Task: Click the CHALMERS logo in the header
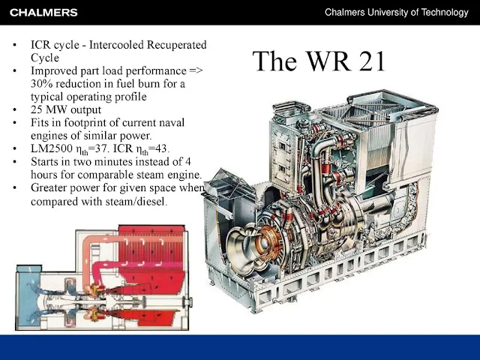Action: pos(43,13)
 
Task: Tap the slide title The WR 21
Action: pos(319,61)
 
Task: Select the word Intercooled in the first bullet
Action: pos(117,45)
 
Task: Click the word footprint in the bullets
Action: pos(85,123)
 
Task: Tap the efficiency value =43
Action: pos(158,148)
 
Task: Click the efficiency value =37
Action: pos(98,148)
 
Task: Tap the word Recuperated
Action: pos(177,45)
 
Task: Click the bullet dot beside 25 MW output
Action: pos(15,110)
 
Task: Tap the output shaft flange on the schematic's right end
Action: pos(187,302)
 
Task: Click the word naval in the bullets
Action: pos(171,123)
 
